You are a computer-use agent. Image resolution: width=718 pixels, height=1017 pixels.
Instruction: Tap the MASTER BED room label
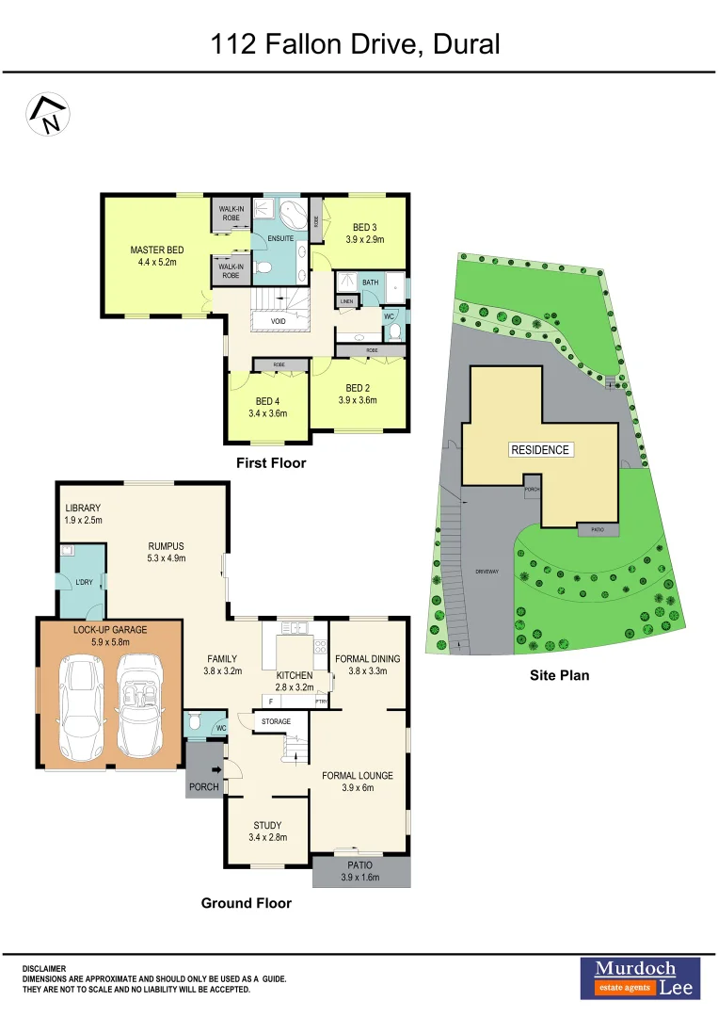[x=156, y=250]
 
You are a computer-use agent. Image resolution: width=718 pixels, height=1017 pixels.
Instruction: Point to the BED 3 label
[x=363, y=227]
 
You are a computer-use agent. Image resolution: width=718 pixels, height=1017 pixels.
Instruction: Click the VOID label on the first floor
[x=278, y=321]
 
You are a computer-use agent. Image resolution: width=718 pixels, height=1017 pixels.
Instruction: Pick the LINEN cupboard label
[x=346, y=301]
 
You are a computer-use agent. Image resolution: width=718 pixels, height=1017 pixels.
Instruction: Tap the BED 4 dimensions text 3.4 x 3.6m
[x=268, y=413]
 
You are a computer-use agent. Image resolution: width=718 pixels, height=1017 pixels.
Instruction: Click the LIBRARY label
[x=82, y=508]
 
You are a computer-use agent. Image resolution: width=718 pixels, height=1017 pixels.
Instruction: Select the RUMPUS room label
[x=167, y=545]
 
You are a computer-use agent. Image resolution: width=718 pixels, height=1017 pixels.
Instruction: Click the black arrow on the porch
[x=215, y=770]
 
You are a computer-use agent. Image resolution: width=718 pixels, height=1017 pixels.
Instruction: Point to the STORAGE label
[x=276, y=721]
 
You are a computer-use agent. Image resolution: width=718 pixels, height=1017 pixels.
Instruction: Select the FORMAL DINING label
[x=367, y=658]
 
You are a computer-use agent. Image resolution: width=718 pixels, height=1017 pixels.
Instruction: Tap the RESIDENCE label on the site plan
[x=540, y=449]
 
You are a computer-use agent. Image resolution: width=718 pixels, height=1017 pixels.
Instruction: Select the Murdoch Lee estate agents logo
[x=639, y=977]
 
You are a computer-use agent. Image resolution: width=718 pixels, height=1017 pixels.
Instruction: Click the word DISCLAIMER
[x=44, y=968]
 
